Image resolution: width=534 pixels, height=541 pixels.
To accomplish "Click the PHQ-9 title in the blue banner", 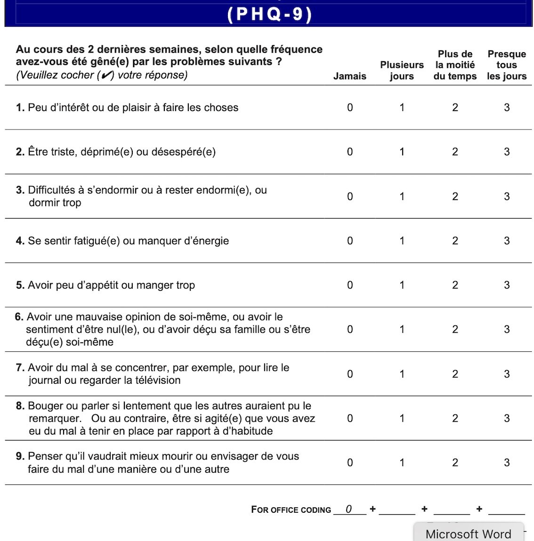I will pyautogui.click(x=269, y=14).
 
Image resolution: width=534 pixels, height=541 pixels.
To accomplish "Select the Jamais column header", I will pyautogui.click(x=349, y=76).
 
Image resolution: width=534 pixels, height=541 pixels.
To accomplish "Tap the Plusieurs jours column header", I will pyautogui.click(x=402, y=71).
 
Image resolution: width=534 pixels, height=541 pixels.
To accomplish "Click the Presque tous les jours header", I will pyautogui.click(x=507, y=65).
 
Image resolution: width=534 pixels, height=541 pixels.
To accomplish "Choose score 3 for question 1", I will pyautogui.click(x=507, y=107).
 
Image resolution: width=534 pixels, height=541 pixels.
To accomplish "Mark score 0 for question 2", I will pyautogui.click(x=350, y=152).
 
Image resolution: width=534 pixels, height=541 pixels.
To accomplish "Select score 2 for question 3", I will pyautogui.click(x=455, y=196).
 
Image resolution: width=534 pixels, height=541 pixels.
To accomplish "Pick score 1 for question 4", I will pyautogui.click(x=402, y=241).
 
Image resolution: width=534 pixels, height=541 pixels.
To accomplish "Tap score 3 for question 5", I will pyautogui.click(x=507, y=285).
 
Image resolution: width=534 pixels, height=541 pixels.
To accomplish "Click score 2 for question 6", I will pyautogui.click(x=455, y=329).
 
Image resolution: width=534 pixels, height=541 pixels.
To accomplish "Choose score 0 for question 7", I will pyautogui.click(x=350, y=374).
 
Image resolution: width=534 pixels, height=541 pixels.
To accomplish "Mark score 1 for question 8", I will pyautogui.click(x=402, y=418).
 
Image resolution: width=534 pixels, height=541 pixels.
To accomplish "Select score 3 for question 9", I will pyautogui.click(x=507, y=462).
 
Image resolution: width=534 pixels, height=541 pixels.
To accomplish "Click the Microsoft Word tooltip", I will pyautogui.click(x=468, y=533).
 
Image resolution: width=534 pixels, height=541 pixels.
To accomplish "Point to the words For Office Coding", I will pyautogui.click(x=291, y=509).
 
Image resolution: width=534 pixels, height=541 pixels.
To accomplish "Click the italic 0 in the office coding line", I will pyautogui.click(x=348, y=509).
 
